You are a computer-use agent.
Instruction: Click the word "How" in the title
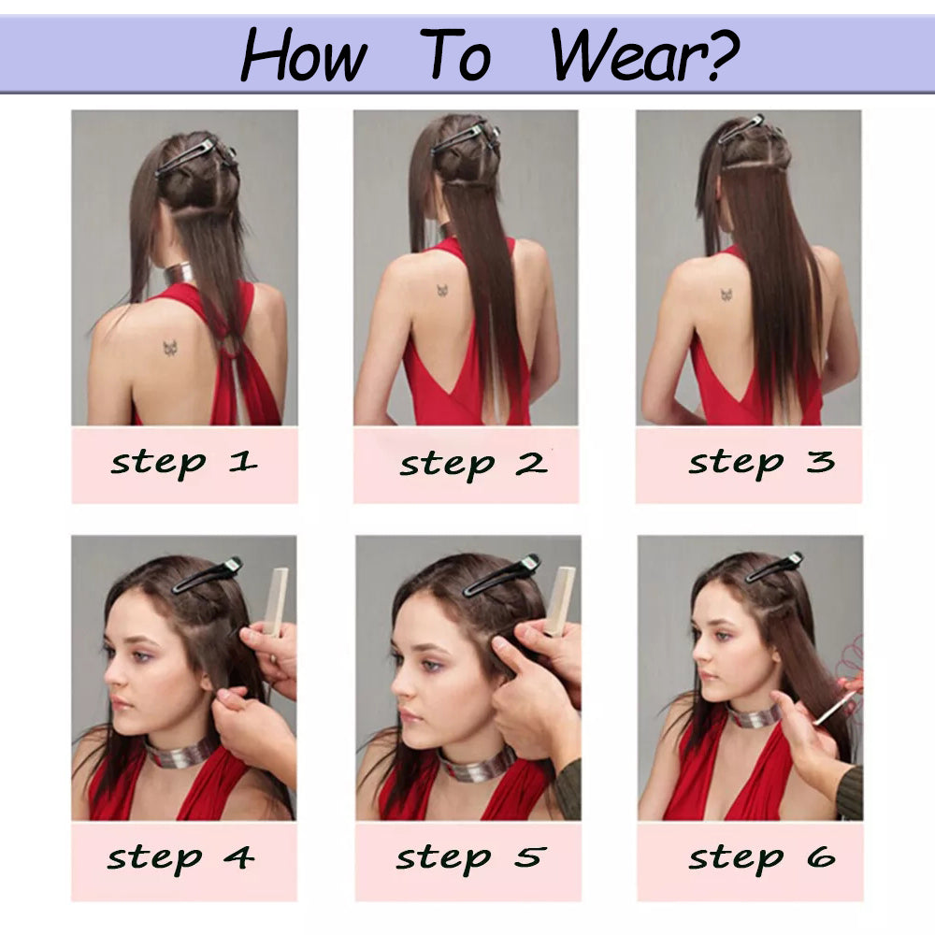304,55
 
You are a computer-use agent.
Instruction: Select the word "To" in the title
455,54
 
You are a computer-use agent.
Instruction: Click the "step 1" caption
184,464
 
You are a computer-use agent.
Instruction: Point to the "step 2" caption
473,464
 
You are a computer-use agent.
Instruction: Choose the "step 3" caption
761,463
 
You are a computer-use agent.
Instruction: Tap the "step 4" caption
180,858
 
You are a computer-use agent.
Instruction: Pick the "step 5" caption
471,858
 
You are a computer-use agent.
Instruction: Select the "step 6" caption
761,858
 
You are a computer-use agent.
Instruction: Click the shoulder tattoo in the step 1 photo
171,348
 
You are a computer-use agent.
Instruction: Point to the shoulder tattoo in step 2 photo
442,291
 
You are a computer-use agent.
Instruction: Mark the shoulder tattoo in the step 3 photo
726,294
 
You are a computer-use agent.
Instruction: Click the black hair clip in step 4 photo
208,575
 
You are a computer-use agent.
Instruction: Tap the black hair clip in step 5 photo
501,576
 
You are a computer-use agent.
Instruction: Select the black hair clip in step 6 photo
774,568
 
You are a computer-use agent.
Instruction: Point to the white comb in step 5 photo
560,601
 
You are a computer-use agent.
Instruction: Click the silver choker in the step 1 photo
180,274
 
